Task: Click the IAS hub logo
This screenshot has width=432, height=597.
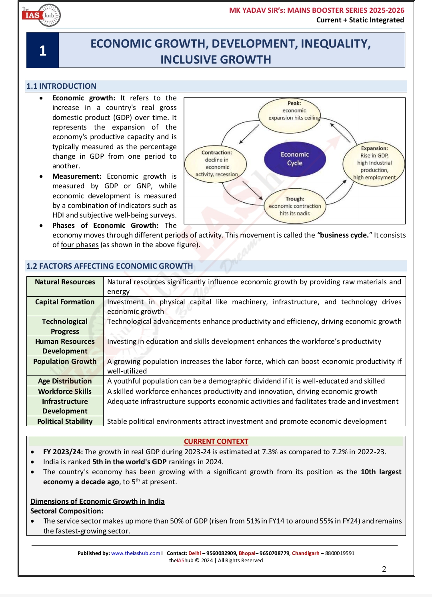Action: pos(41,15)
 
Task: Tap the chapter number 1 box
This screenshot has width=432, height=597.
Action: pos(43,50)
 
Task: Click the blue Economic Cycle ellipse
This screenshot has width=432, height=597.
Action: pos(295,159)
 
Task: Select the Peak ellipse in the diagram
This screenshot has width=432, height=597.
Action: pos(294,111)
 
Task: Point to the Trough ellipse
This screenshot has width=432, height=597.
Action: pos(295,206)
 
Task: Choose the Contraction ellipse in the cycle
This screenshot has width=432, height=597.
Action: pos(216,164)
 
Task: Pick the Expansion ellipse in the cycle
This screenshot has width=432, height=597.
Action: pos(374,163)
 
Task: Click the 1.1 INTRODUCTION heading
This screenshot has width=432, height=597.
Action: pos(61,86)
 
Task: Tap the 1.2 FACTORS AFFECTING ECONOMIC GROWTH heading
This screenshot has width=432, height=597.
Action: pos(110,266)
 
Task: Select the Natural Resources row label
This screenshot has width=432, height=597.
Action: pos(65,282)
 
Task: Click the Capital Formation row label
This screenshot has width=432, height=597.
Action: pos(65,302)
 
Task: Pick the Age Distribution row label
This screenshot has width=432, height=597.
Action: pos(65,381)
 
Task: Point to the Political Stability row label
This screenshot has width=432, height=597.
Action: pos(65,421)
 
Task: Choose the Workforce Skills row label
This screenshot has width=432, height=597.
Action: pos(65,391)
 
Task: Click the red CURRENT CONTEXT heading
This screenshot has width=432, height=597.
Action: pos(216,441)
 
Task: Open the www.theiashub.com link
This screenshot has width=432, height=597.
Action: pos(136,553)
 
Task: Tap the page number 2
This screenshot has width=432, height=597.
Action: pos(384,569)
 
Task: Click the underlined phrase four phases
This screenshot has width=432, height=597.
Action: pos(80,245)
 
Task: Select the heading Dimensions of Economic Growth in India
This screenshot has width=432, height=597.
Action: pos(98,501)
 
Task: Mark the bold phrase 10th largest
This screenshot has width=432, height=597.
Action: pos(381,472)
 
